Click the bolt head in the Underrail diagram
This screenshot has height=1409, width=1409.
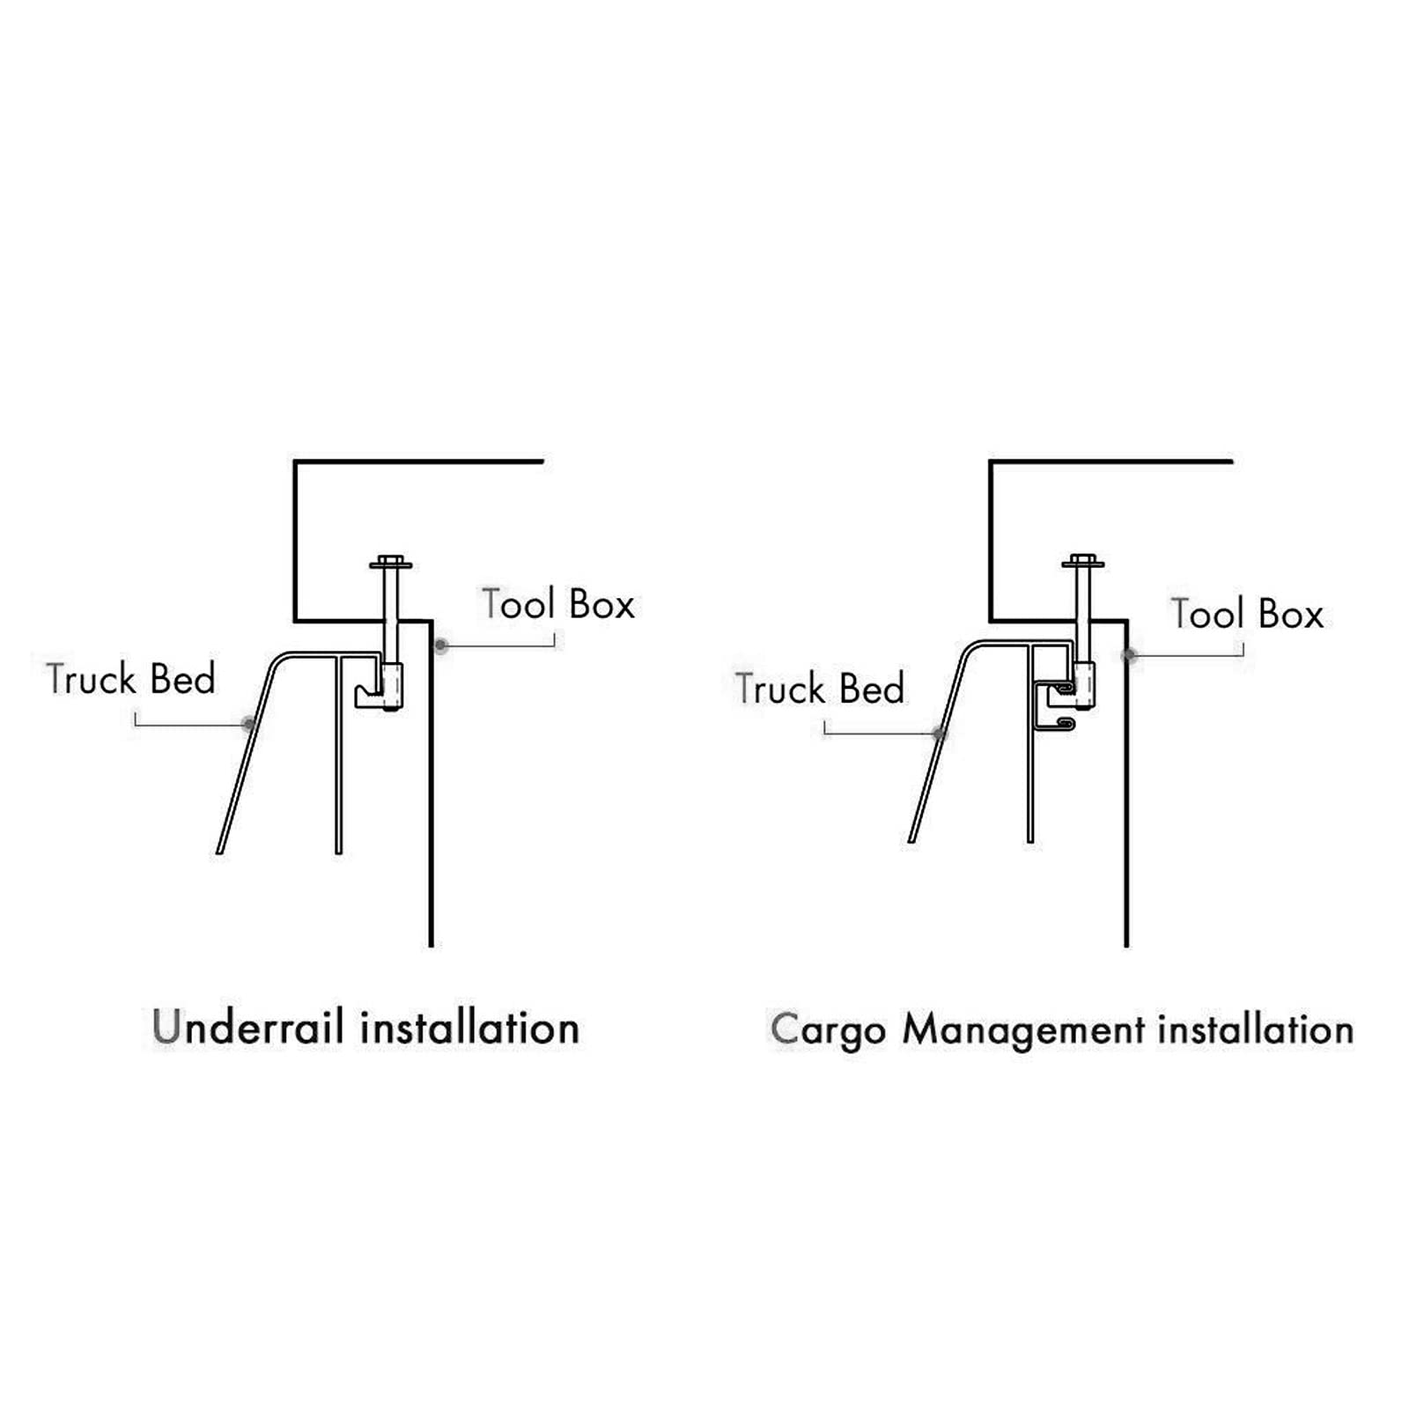[x=391, y=562]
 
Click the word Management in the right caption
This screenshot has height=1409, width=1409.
[x=1023, y=1029]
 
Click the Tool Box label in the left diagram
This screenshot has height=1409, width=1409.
[x=558, y=604]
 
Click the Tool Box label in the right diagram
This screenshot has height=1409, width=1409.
[x=1247, y=614]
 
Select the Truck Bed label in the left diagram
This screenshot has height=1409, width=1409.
[x=131, y=679]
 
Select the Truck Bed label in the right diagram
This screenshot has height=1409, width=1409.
[x=820, y=689]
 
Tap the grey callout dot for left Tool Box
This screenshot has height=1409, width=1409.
[x=441, y=646]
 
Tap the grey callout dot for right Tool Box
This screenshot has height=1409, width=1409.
[x=1129, y=656]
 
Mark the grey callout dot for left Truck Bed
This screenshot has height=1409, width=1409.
[x=249, y=725]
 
